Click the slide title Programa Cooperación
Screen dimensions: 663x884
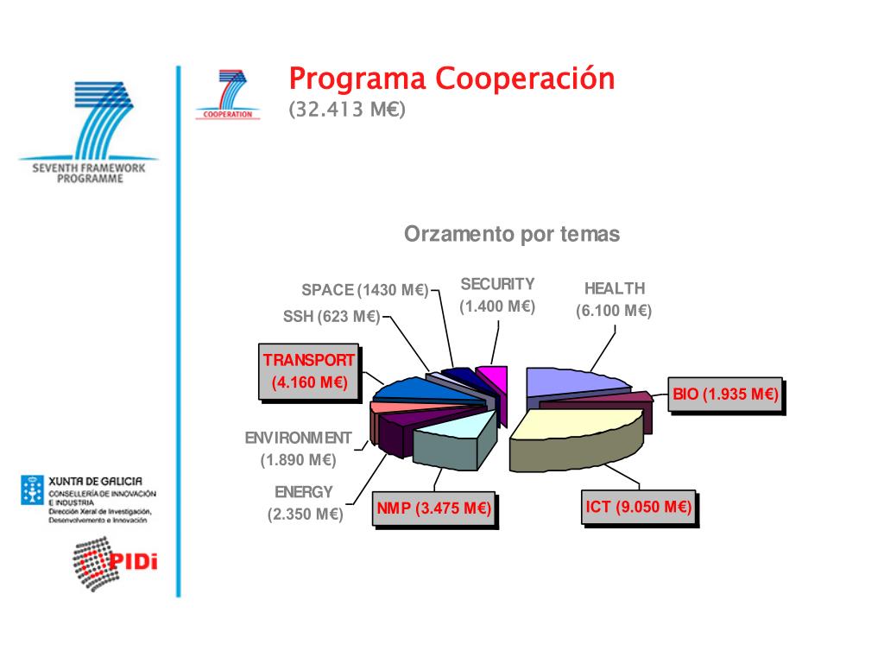[451, 79]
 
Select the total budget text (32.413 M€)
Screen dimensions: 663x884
[347, 110]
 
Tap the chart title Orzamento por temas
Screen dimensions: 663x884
[512, 235]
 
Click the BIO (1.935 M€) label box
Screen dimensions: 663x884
[726, 395]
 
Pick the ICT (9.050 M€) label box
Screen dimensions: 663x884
[638, 507]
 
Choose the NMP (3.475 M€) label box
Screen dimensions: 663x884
[433, 509]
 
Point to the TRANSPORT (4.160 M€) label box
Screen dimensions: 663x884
[309, 372]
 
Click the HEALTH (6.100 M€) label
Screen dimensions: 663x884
[614, 300]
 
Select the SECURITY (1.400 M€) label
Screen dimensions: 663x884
[497, 294]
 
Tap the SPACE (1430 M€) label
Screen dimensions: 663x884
[365, 290]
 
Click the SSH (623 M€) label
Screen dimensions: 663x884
[331, 317]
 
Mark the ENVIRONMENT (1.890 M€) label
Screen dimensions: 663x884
[299, 449]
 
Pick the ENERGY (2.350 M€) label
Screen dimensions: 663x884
[304, 503]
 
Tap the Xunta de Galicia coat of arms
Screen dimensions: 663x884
[32, 489]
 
